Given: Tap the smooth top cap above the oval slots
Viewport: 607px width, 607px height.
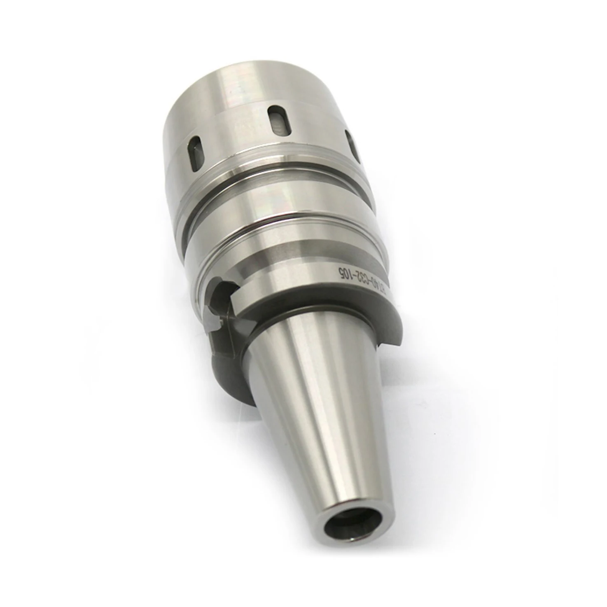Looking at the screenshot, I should pyautogui.click(x=231, y=91).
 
